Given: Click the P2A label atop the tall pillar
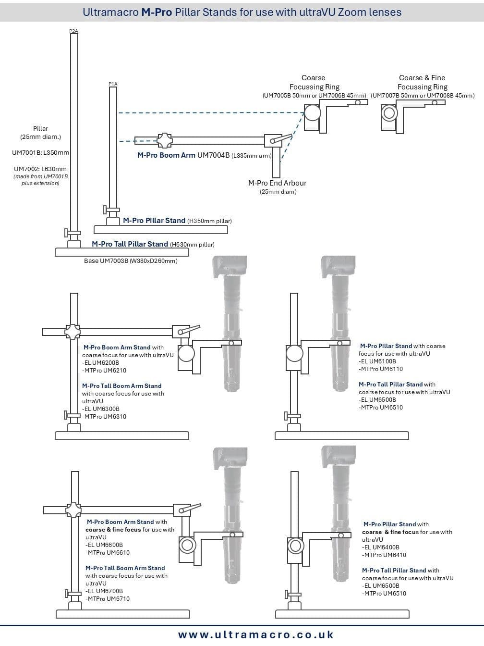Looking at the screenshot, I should (73, 31).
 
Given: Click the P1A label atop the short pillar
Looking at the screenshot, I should (113, 84).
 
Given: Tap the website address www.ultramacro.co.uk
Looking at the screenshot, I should (255, 635).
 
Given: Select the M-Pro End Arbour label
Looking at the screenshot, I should (277, 183).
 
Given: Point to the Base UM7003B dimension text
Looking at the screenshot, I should (131, 261).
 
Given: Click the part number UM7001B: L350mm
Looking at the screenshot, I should (40, 153).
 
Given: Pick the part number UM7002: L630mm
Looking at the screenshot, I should (40, 169).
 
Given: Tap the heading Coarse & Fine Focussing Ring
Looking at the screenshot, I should (422, 82).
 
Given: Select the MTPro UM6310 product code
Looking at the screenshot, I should (104, 417).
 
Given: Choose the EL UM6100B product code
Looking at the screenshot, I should (377, 361).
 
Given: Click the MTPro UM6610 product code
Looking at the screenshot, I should (108, 553).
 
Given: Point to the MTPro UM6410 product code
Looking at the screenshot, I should (384, 555).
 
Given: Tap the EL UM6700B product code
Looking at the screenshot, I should (104, 591).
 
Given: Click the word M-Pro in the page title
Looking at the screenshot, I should (157, 12).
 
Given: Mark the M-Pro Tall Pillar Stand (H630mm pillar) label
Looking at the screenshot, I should (153, 244).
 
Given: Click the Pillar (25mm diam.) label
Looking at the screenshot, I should (40, 133).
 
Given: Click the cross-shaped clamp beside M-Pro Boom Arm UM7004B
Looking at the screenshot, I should (164, 141).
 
